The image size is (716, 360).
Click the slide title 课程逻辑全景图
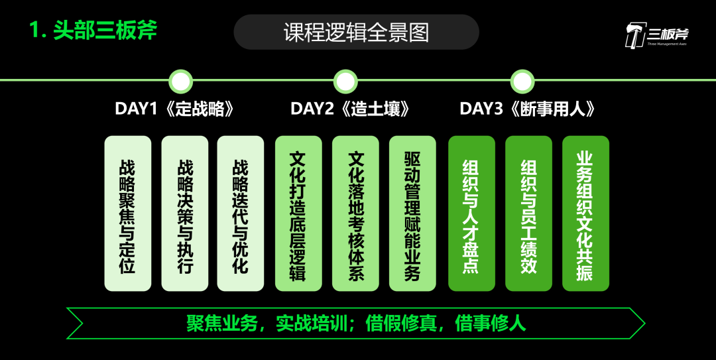point(356,32)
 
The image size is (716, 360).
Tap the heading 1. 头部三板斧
point(93,30)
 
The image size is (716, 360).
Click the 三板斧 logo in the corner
point(656,34)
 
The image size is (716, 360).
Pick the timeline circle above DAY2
point(345,82)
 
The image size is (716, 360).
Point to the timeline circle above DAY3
point(522,82)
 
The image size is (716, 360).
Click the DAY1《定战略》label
point(175,109)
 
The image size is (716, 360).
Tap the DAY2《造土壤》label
point(350,109)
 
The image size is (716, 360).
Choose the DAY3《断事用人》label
point(527,109)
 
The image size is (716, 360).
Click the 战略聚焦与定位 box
point(128,213)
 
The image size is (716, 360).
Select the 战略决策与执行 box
point(184,213)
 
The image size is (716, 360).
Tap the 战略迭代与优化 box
point(241,213)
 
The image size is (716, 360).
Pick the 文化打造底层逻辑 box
point(298,213)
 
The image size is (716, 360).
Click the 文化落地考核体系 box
point(355,213)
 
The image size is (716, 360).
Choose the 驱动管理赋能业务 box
point(412,213)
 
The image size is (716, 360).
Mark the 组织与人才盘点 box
point(471,213)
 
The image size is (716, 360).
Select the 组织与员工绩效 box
point(528,213)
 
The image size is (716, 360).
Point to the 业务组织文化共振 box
point(585,213)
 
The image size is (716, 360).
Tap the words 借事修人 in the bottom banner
point(491,323)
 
